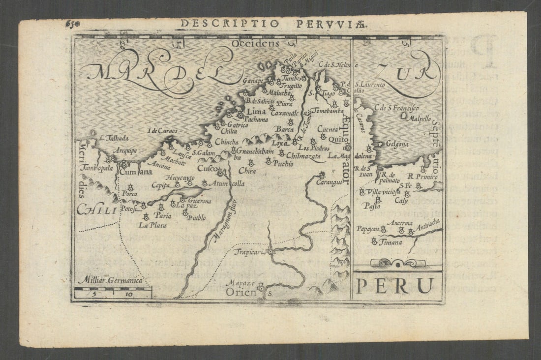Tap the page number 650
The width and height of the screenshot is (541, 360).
pyautogui.click(x=72, y=23)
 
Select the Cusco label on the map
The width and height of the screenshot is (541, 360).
pyautogui.click(x=206, y=169)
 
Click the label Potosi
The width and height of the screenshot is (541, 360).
pyautogui.click(x=127, y=208)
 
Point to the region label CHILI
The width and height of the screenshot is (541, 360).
pyautogui.click(x=96, y=210)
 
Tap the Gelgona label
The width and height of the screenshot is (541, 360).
pyautogui.click(x=397, y=144)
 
